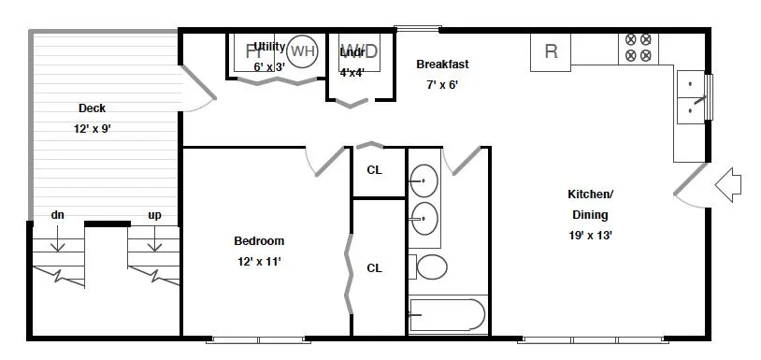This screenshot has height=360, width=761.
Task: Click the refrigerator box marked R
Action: [x=551, y=51]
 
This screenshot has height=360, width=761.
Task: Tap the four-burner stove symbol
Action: [x=638, y=48]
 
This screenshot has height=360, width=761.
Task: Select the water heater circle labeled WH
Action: [x=302, y=51]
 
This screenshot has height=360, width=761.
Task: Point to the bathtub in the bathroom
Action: [x=448, y=314]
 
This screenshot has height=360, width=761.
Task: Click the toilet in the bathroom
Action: [x=431, y=267]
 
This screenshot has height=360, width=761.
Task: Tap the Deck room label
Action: [x=92, y=108]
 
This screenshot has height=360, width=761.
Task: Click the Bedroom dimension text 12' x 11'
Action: [x=259, y=262]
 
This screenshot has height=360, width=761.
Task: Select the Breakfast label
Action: [x=442, y=65]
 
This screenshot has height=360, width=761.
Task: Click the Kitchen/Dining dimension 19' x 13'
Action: [x=591, y=236]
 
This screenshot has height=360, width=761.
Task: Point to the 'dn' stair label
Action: [x=57, y=215]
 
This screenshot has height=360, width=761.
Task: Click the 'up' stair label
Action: [x=154, y=215]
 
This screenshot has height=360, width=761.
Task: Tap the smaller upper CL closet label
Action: [x=374, y=170]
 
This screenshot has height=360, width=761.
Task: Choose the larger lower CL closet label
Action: [x=374, y=268]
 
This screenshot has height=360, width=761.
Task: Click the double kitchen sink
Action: [x=691, y=97]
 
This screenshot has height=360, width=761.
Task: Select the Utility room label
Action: [x=269, y=46]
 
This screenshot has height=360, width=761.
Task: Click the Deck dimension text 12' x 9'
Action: [x=93, y=129]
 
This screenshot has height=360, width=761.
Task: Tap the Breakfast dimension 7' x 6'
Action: [x=442, y=84]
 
